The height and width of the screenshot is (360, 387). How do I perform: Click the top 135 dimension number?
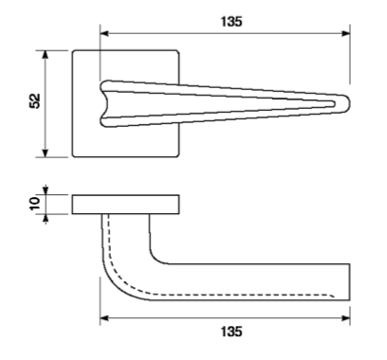pos(231,22)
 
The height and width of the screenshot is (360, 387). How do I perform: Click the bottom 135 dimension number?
pos(231,332)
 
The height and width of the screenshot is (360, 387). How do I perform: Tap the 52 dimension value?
pos(35,101)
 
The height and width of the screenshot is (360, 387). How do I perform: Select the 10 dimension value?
pos(34,204)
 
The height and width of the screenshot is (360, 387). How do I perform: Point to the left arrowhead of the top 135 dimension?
pos(104,33)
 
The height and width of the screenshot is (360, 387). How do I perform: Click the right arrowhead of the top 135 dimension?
pos(346,33)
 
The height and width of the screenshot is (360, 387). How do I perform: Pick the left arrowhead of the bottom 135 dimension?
pos(104,318)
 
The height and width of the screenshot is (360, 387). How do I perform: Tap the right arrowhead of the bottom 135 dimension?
pos(346,318)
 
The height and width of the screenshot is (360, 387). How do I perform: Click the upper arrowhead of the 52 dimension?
pos(46,54)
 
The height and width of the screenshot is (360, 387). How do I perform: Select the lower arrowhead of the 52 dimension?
pos(46,153)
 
